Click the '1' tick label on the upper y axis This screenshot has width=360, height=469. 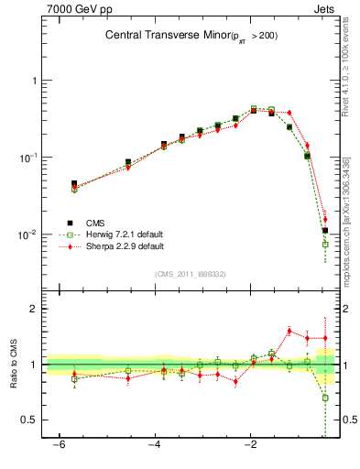(x=34, y=81)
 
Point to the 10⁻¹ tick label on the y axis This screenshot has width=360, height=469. (x=28, y=158)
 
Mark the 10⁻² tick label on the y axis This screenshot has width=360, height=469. (x=28, y=234)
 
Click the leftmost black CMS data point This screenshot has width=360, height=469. (x=74, y=184)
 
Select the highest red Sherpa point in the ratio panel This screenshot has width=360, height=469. (x=289, y=331)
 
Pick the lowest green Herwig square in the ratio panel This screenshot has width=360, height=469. (x=325, y=398)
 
